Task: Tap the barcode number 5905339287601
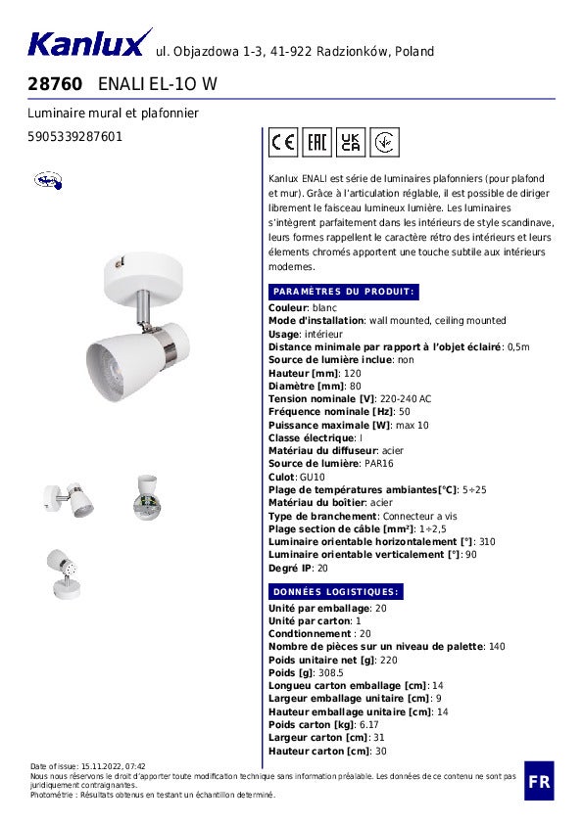[74, 137]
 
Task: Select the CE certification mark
[283, 143]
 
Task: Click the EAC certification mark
[316, 143]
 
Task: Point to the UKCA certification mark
[351, 143]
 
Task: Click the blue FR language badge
[539, 781]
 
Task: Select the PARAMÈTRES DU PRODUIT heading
[344, 292]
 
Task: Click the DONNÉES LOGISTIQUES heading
[336, 592]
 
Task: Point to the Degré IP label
[290, 568]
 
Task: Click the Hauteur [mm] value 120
[352, 374]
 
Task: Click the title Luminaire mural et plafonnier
[113, 114]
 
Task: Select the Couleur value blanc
[323, 308]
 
